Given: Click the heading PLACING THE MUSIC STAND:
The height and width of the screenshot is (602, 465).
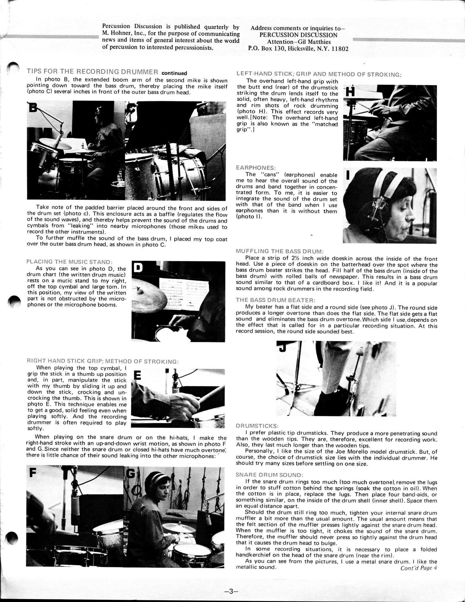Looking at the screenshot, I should tap(69, 262).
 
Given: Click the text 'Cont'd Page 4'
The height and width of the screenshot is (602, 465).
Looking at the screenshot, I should tap(419, 568).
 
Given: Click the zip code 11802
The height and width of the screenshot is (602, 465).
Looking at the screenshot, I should tap(340, 49).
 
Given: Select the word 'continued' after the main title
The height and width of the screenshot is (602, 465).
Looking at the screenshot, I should tap(174, 73).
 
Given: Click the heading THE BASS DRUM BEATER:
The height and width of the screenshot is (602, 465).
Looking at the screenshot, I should tap(276, 300).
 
